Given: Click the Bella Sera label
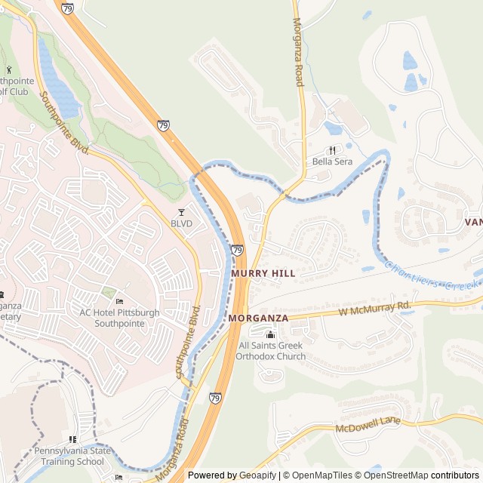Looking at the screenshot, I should (332, 162).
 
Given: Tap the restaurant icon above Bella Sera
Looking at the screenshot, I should (332, 150).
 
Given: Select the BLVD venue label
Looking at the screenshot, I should (181, 223).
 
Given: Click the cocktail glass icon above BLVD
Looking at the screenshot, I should (181, 212).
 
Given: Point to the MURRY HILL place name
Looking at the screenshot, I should (263, 273).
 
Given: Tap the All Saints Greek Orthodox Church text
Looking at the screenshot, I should (272, 351).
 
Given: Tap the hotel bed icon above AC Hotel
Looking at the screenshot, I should (119, 302).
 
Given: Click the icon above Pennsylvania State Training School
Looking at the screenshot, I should (72, 439).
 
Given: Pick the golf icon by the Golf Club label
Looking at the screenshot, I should (8, 70).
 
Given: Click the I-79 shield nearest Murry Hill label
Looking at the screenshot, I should (237, 250).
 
